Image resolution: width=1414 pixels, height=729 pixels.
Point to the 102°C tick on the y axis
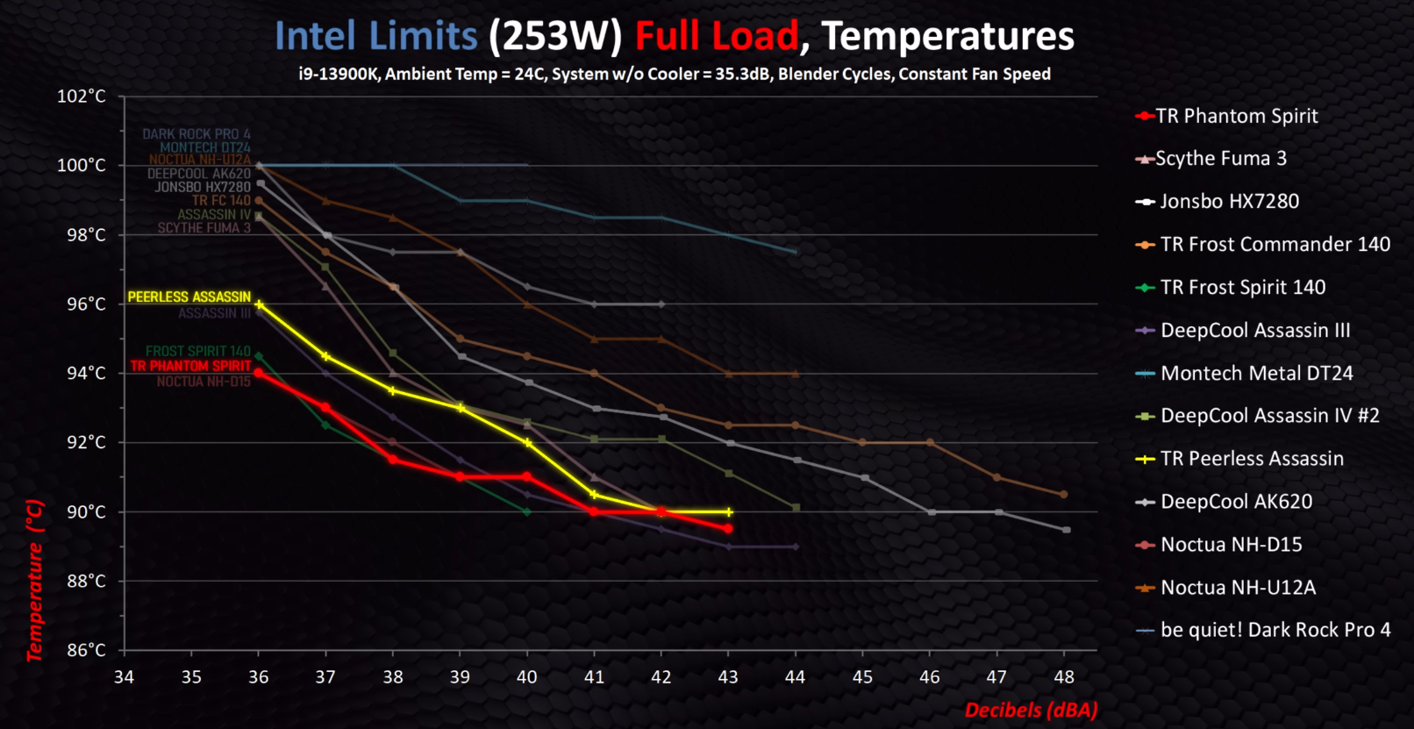point(82,96)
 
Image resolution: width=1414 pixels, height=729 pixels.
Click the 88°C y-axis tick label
point(86,581)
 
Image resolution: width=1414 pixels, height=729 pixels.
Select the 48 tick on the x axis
point(1064,677)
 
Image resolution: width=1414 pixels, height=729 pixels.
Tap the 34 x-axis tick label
point(124,677)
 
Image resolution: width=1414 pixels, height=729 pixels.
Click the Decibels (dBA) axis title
point(1031,710)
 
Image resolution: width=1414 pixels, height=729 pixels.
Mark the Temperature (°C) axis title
point(34,580)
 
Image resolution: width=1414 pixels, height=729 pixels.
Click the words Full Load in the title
point(717,37)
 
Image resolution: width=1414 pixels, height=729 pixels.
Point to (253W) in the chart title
point(555,37)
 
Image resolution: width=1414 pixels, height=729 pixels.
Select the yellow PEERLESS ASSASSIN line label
point(189,297)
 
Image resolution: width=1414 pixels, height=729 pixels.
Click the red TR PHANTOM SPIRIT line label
point(190,366)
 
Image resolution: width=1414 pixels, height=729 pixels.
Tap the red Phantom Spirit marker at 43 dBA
point(728,529)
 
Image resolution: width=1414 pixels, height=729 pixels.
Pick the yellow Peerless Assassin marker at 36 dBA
point(259,304)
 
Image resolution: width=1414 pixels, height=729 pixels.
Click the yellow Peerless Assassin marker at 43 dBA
point(728,512)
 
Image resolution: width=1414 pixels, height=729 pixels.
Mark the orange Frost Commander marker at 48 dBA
point(1064,495)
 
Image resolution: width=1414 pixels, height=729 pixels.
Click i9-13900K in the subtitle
point(337,75)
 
